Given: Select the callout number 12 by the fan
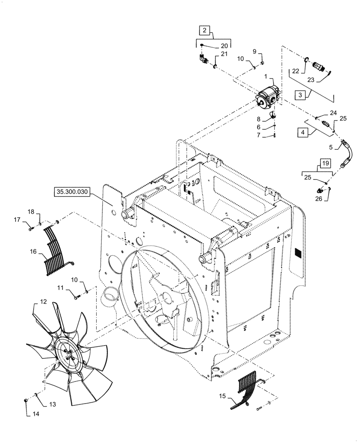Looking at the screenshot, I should (x=43, y=302).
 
